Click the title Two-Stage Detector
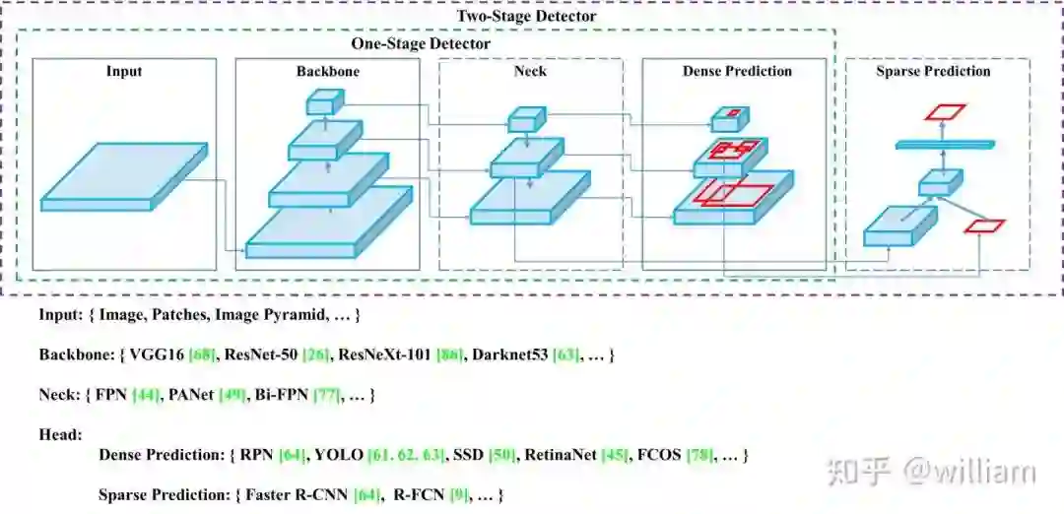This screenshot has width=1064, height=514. [x=526, y=17]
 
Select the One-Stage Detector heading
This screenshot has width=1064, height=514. [x=421, y=44]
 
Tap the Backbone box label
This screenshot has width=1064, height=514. [x=328, y=72]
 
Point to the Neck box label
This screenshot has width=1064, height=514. [x=530, y=72]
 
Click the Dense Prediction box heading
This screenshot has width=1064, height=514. [x=737, y=72]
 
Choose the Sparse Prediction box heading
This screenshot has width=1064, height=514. [x=933, y=72]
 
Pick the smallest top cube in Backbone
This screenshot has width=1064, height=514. [x=324, y=100]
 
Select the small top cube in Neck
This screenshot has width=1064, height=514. [x=525, y=119]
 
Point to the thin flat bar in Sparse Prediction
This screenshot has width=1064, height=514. [x=940, y=145]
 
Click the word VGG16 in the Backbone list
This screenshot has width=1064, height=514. [x=150, y=354]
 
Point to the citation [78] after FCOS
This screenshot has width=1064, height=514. [x=702, y=456]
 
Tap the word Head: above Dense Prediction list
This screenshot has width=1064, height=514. [x=61, y=434]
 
